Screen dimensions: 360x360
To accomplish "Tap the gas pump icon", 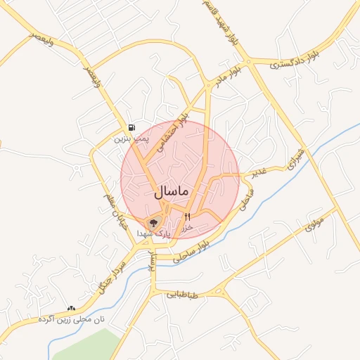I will (x=131, y=127).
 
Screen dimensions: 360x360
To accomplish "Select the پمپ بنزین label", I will (x=133, y=139).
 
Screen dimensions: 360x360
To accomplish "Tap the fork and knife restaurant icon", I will (x=187, y=217).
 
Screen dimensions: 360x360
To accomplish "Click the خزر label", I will (x=187, y=228).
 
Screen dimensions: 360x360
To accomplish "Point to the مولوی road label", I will (x=314, y=225).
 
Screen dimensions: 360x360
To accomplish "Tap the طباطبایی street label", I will (x=183, y=295).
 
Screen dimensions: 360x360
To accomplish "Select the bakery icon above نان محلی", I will (x=71, y=308).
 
